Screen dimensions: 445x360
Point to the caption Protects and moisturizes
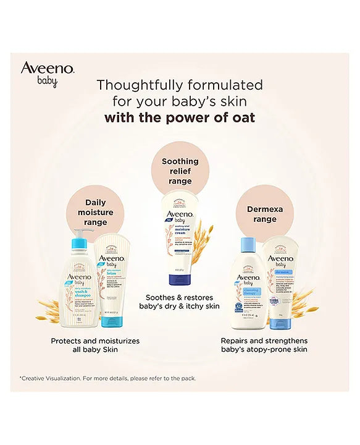click(95, 345)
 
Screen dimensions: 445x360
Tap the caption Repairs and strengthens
click(264, 345)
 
